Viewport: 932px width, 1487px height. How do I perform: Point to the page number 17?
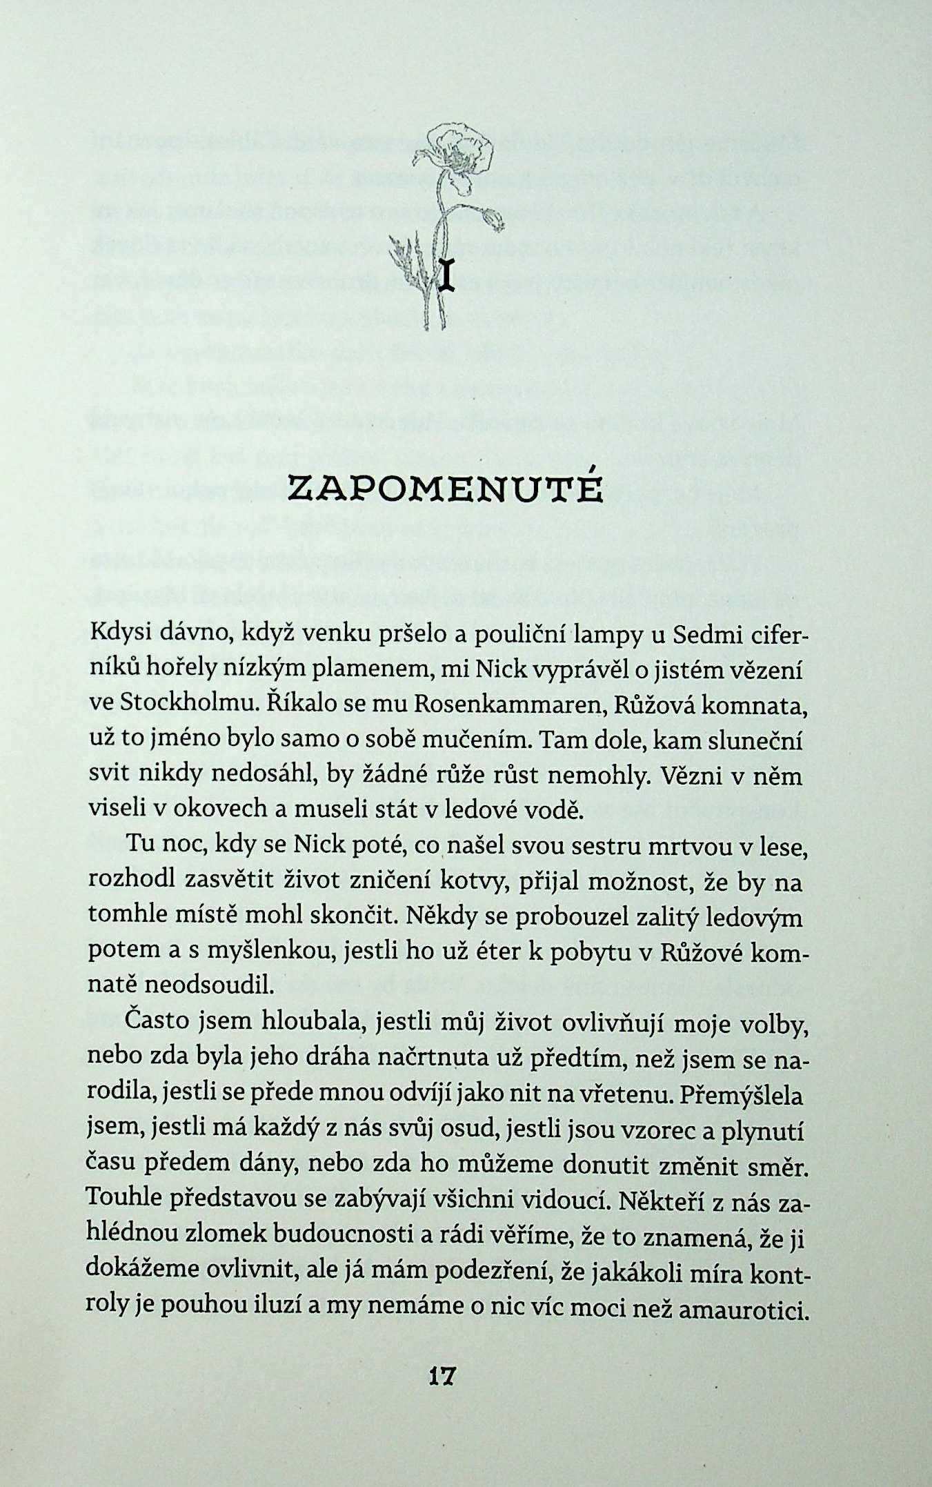[442, 1392]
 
